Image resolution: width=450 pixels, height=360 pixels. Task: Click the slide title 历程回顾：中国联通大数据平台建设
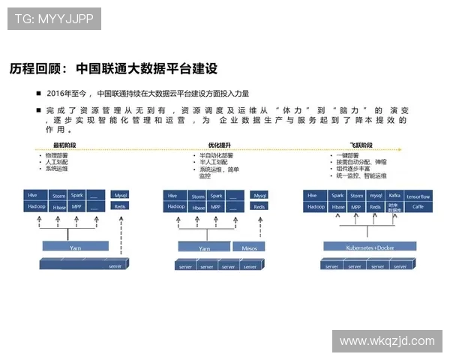click(113, 69)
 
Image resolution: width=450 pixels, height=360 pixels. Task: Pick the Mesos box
click(248, 246)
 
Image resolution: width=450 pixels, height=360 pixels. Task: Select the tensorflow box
click(418, 195)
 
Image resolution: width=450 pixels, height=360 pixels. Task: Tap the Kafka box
click(394, 195)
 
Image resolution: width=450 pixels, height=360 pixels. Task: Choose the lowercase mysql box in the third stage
click(376, 195)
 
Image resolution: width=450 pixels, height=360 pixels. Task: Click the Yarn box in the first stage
click(75, 245)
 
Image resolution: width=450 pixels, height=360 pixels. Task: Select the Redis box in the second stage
click(259, 206)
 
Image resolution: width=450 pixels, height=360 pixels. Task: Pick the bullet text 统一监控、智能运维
click(361, 175)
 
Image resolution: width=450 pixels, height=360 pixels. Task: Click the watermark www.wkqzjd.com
click(386, 341)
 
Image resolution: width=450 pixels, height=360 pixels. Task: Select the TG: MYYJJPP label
click(55, 19)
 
